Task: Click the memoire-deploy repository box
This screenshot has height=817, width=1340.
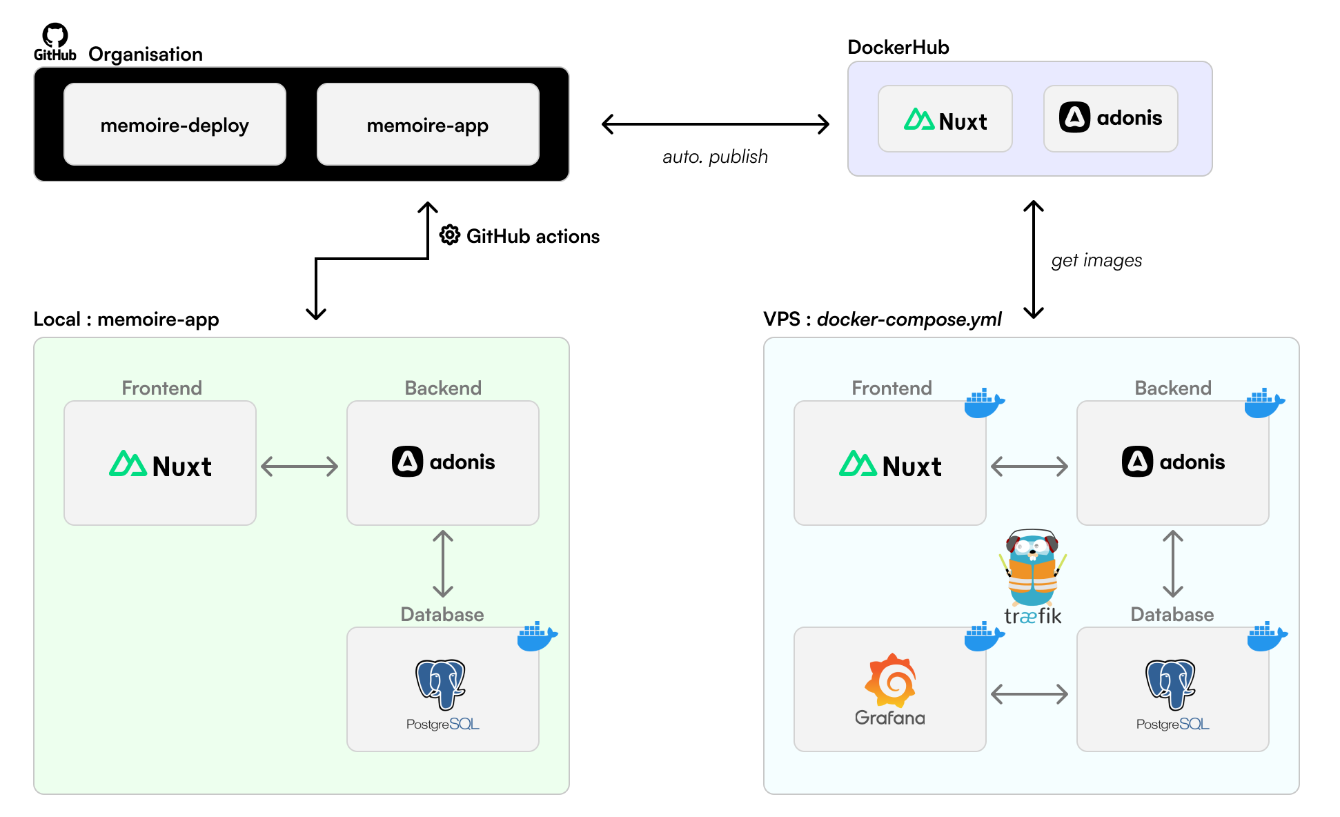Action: point(175,124)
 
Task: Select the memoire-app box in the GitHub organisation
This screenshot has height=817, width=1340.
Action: point(428,124)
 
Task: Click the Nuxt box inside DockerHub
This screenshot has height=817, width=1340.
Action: point(945,119)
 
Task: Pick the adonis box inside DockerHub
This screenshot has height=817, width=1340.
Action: point(1110,119)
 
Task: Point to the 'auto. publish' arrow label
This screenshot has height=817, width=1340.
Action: point(715,157)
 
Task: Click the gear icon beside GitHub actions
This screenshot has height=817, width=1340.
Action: point(450,235)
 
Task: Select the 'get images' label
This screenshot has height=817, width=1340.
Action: point(1096,260)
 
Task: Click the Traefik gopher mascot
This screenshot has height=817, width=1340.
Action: point(1032,567)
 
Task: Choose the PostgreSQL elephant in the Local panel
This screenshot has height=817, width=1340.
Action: point(441,683)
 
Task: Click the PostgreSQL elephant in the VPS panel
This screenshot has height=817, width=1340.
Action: point(1171,683)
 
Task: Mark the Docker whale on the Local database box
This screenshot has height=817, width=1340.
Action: point(537,636)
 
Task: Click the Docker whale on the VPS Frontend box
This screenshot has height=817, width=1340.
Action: point(984,403)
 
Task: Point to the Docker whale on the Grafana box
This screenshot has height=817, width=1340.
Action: point(984,636)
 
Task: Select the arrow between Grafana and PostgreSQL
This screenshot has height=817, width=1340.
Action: point(1029,693)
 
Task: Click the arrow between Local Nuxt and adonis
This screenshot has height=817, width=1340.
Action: point(299,466)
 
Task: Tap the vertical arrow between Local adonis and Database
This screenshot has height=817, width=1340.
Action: point(443,563)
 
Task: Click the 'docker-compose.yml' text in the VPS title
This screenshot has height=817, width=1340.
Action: point(909,319)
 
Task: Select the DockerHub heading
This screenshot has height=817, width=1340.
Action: point(898,47)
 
